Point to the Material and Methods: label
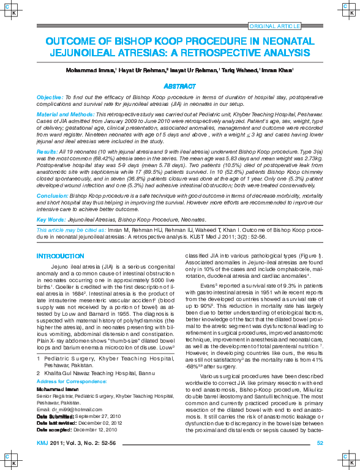click(66, 114)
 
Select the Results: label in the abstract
click(48, 151)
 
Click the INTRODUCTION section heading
click(60, 256)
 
